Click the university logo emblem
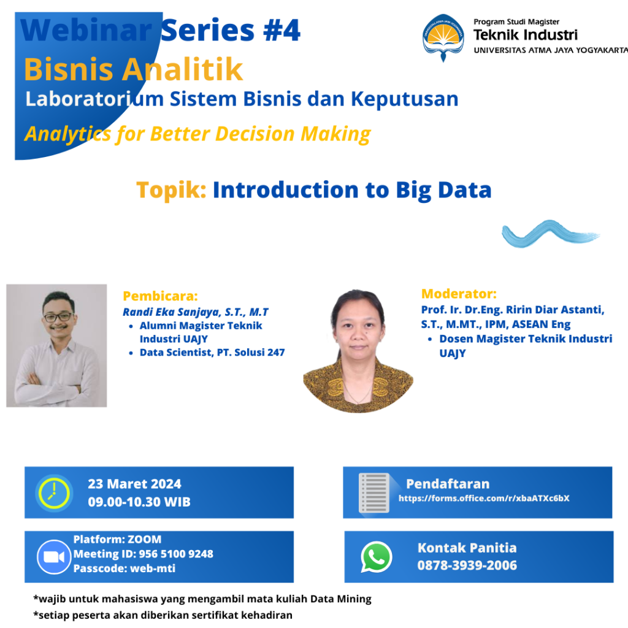(443, 37)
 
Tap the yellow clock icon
(54, 493)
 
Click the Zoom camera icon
(54, 557)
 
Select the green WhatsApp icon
(376, 557)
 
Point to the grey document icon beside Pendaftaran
(374, 493)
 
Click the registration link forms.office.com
(484, 498)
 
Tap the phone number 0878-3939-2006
(467, 565)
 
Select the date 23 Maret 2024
(134, 484)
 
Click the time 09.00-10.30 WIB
(139, 502)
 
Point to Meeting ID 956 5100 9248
(143, 554)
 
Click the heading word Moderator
(458, 294)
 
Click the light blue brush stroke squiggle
(550, 234)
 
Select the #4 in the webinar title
(281, 31)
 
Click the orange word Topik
(171, 190)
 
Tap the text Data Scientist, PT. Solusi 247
(212, 353)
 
